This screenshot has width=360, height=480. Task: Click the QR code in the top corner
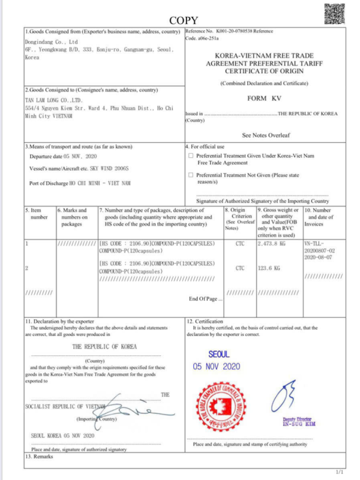click(x=335, y=13)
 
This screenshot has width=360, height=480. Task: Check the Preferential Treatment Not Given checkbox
click(x=191, y=175)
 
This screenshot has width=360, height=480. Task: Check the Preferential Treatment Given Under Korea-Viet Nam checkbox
click(x=191, y=155)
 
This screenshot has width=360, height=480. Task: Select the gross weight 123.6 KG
click(x=269, y=268)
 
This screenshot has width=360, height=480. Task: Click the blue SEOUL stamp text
click(x=217, y=355)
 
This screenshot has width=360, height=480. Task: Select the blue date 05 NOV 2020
click(x=217, y=367)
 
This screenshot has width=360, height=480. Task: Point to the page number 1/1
click(x=340, y=472)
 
